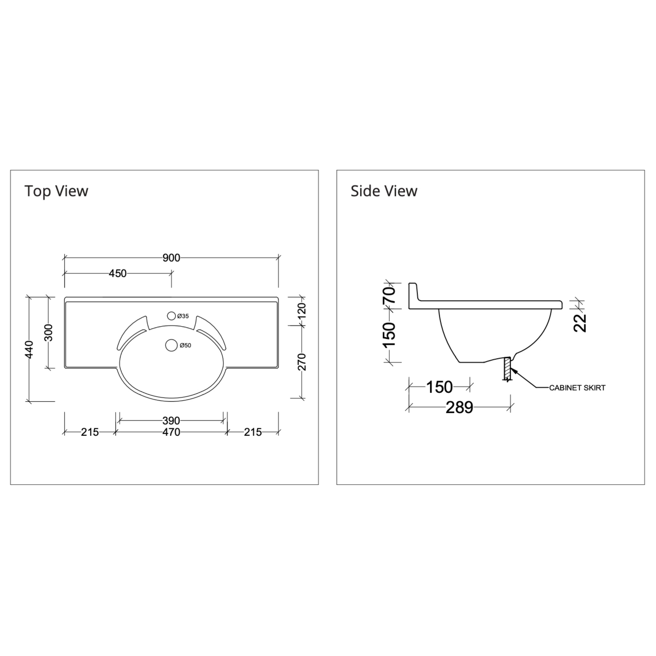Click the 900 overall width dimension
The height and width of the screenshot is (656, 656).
(x=171, y=258)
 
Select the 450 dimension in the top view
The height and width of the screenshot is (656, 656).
(x=118, y=273)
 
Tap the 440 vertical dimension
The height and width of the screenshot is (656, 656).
(x=29, y=349)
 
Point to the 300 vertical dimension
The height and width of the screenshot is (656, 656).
(x=49, y=333)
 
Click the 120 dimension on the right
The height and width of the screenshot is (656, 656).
(x=302, y=311)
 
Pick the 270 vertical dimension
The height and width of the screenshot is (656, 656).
(x=302, y=362)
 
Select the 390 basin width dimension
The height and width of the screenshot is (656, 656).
(x=171, y=421)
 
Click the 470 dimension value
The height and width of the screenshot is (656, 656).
(x=171, y=432)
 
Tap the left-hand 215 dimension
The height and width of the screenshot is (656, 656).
(x=90, y=432)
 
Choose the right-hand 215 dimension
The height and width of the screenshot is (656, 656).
(x=253, y=432)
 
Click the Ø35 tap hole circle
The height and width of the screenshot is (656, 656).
(x=171, y=316)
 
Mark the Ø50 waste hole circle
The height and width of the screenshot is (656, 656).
(x=171, y=345)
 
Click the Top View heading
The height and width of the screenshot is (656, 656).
(x=56, y=191)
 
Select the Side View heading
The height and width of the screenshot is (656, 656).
(x=384, y=191)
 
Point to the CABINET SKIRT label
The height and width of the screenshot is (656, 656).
(x=577, y=388)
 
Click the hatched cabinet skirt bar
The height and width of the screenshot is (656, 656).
(x=507, y=368)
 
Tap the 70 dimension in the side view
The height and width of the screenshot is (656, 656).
(x=389, y=295)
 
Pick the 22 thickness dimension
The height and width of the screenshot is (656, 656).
(x=580, y=323)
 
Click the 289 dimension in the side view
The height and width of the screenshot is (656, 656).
(x=459, y=407)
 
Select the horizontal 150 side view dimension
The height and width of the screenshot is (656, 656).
(x=439, y=387)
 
